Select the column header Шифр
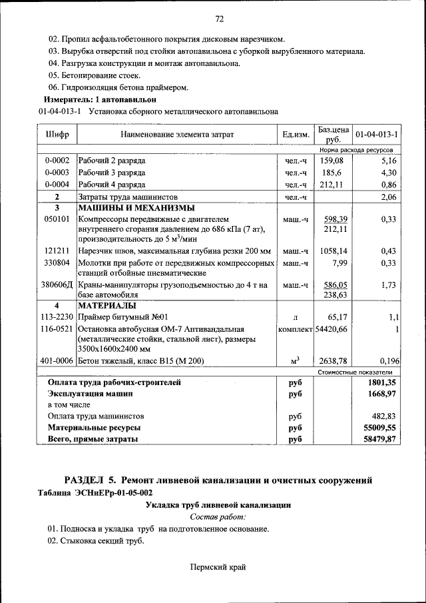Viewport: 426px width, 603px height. point(57,135)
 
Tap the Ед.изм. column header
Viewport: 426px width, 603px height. point(296,135)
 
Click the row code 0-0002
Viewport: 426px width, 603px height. point(57,161)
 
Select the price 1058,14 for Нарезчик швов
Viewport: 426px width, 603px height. point(333,251)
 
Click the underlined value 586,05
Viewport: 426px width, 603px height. point(336,285)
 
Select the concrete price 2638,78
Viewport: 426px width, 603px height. point(333,361)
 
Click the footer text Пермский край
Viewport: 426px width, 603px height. point(218,567)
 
